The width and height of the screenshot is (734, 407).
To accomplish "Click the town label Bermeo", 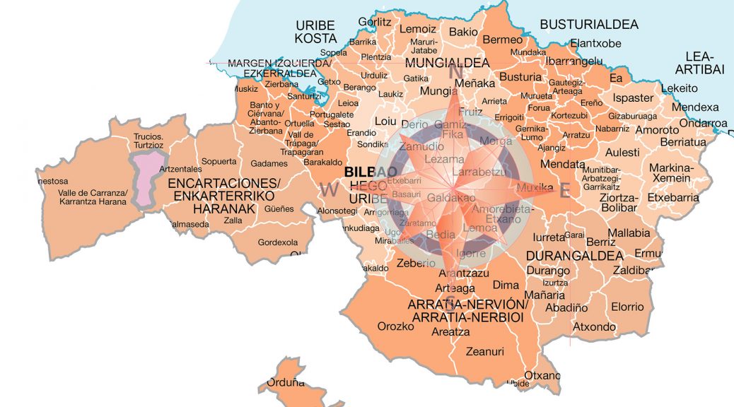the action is point(502,40).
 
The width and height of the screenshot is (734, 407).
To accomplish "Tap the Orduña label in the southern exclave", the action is point(286,383).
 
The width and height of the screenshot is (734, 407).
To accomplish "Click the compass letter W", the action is point(329,189).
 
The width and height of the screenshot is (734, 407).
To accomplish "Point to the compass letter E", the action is point(564,189).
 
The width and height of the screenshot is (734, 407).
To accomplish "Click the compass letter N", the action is point(457,72).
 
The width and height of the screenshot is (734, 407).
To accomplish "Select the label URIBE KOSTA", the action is point(316,31).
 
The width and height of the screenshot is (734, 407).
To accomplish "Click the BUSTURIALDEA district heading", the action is point(588,25).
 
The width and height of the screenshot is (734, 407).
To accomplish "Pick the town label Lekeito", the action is point(679,88).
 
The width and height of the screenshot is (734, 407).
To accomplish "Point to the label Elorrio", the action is point(628,307).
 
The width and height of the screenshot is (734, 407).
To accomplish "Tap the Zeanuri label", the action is point(485,350).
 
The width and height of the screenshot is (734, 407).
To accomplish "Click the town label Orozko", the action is point(395,326).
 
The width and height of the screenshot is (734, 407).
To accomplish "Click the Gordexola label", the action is point(278,242).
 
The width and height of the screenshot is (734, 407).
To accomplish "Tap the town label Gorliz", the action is point(375,22).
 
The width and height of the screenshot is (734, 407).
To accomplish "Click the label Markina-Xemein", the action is point(672,173).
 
